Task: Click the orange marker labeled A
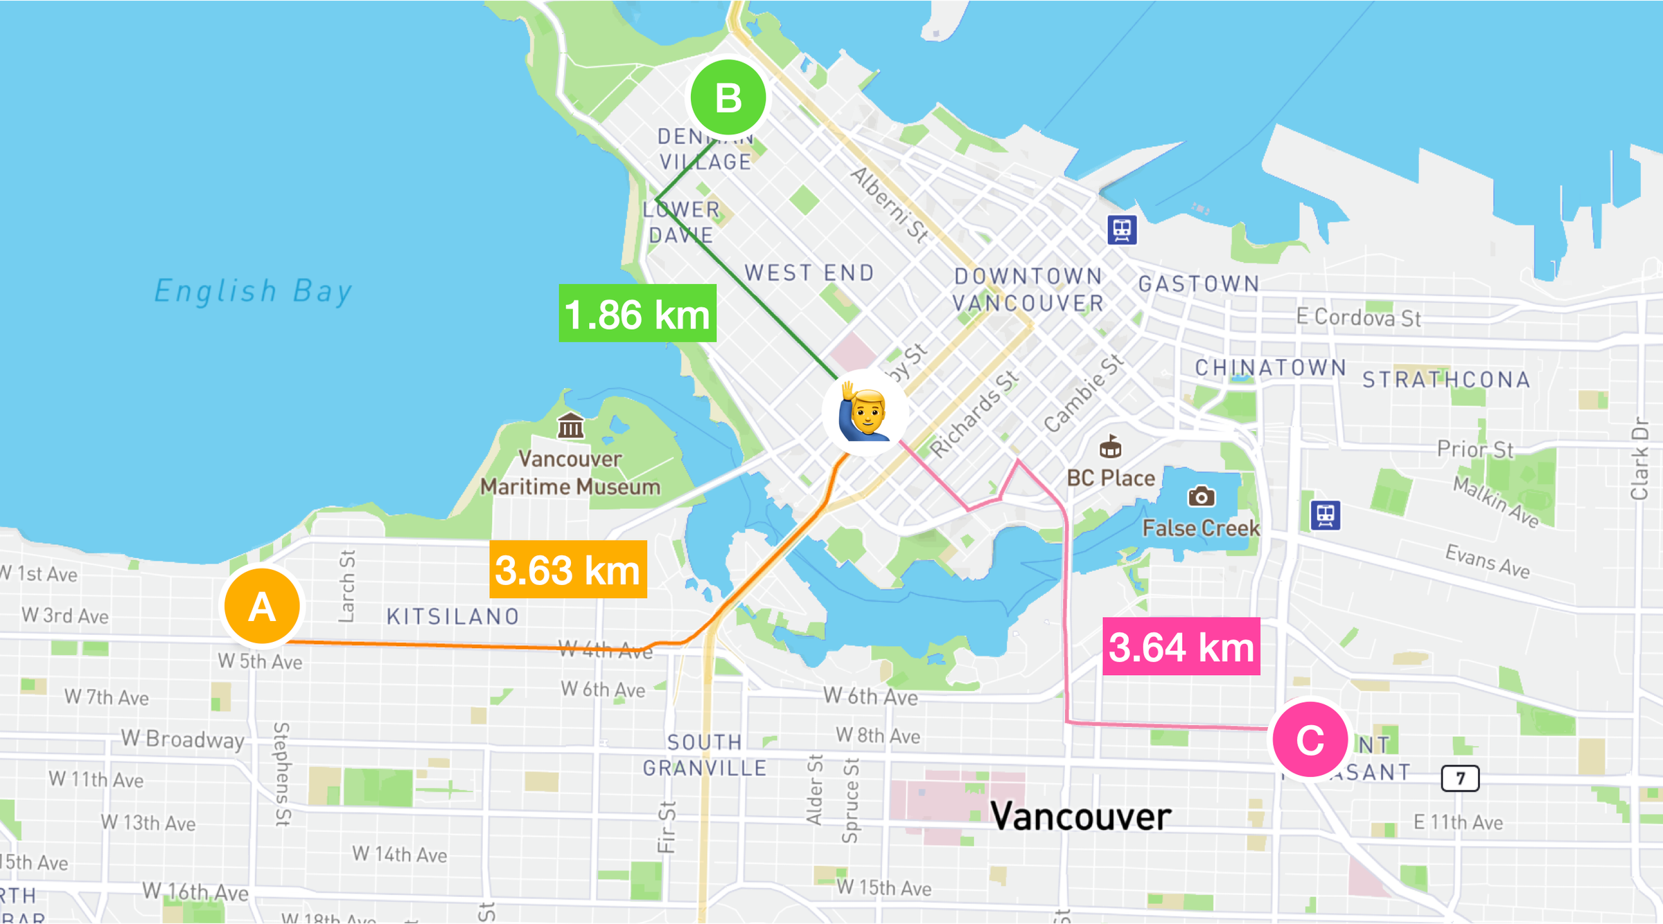coord(262,606)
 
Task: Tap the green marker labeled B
coord(728,98)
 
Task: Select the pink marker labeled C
coord(1310,740)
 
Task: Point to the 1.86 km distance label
coord(637,313)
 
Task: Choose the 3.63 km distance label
coord(568,569)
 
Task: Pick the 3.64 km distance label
coord(1181,646)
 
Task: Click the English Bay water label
coord(253,291)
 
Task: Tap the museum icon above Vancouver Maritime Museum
coord(570,426)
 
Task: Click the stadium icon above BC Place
coord(1110,447)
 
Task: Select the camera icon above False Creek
coord(1201,496)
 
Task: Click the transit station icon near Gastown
coord(1122,229)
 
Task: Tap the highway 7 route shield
coord(1460,778)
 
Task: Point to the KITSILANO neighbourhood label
coord(453,616)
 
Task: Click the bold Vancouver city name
coord(1081,816)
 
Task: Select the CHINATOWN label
coord(1270,367)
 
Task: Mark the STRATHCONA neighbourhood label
coord(1446,379)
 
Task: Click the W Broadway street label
coord(183,739)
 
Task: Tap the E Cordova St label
coord(1358,317)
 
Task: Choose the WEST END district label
coord(809,273)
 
